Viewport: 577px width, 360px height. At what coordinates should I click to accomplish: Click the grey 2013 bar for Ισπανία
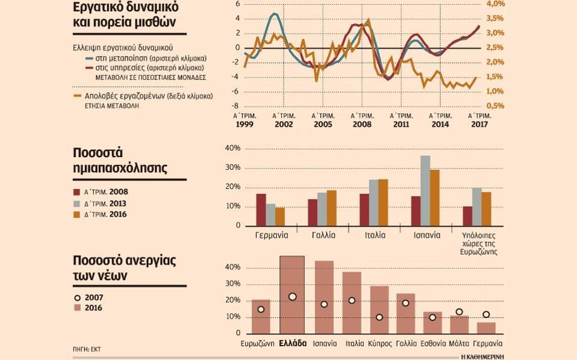click(425, 190)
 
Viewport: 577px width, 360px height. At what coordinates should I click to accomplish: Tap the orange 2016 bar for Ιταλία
click(383, 202)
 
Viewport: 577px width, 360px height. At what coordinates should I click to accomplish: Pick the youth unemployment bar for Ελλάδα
click(292, 295)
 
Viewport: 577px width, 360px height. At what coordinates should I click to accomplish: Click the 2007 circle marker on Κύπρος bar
click(379, 317)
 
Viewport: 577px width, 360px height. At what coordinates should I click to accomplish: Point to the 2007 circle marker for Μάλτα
click(460, 312)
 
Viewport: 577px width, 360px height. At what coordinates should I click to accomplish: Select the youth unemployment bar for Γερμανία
click(486, 328)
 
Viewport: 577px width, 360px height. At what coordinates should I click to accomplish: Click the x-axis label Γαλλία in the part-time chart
click(323, 235)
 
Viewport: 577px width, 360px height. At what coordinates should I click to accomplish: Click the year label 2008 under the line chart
click(362, 124)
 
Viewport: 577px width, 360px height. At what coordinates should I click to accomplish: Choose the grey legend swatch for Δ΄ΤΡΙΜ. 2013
click(76, 203)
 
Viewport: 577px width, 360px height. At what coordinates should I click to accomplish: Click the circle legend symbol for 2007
click(76, 297)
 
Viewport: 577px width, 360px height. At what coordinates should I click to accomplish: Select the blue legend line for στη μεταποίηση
click(89, 58)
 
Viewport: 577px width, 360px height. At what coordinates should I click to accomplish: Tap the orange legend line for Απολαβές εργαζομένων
click(76, 95)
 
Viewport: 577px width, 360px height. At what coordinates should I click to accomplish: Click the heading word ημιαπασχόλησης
click(120, 169)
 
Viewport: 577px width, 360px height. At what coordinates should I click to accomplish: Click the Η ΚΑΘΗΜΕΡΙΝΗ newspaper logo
click(482, 356)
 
